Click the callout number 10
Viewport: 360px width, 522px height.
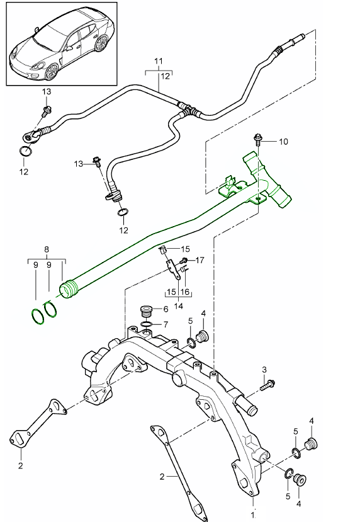(x=283, y=142)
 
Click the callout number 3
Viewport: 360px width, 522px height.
(x=265, y=368)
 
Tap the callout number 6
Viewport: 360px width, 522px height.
(x=166, y=309)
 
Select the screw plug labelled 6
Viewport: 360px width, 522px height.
(x=146, y=312)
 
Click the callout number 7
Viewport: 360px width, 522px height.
(x=166, y=324)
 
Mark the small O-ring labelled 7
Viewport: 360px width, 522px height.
(x=146, y=325)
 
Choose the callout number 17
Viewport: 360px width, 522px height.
(x=200, y=259)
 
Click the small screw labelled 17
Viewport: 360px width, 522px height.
(x=184, y=261)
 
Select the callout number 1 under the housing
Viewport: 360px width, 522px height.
(x=253, y=504)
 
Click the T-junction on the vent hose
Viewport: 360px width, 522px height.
(x=186, y=110)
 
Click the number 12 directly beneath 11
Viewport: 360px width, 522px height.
(x=166, y=76)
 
